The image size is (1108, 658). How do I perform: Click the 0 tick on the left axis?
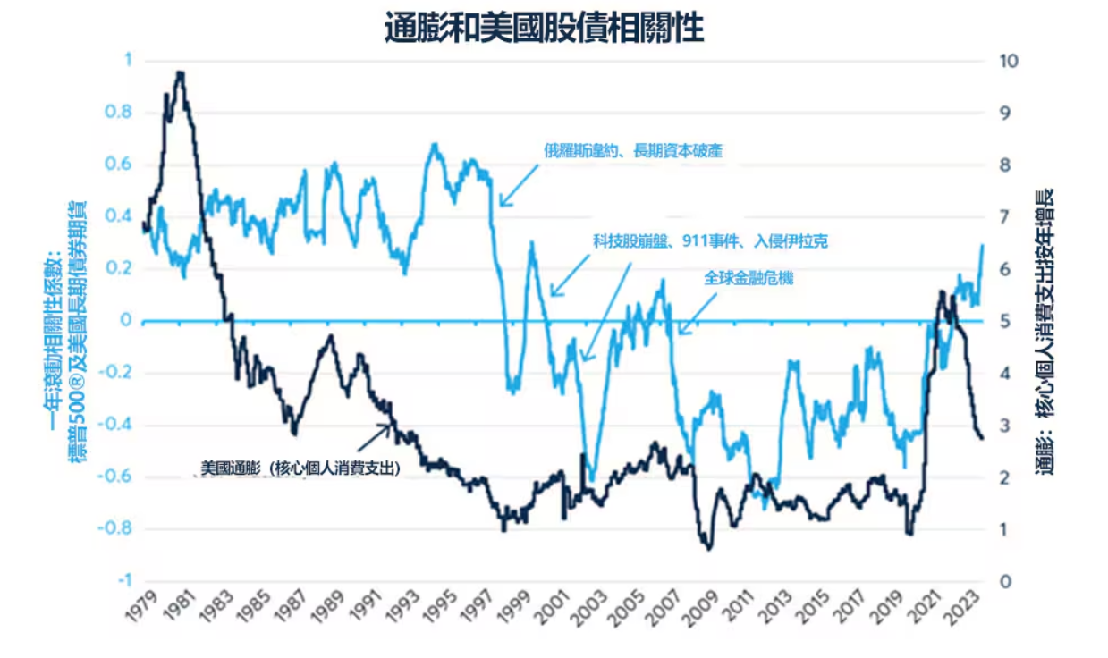(127, 321)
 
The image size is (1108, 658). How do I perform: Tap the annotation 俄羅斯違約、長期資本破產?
(633, 151)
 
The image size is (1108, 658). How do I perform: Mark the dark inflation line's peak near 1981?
(180, 73)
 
